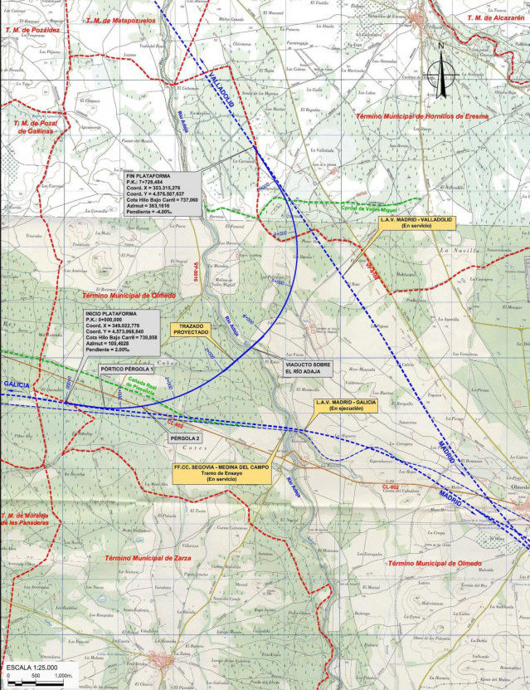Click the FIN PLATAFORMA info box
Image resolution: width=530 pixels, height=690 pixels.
[162, 194]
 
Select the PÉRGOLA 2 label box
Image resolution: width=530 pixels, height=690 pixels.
[186, 437]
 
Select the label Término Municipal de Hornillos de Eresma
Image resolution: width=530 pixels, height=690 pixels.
[421, 116]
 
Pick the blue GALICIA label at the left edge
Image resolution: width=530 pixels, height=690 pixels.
[17, 385]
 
